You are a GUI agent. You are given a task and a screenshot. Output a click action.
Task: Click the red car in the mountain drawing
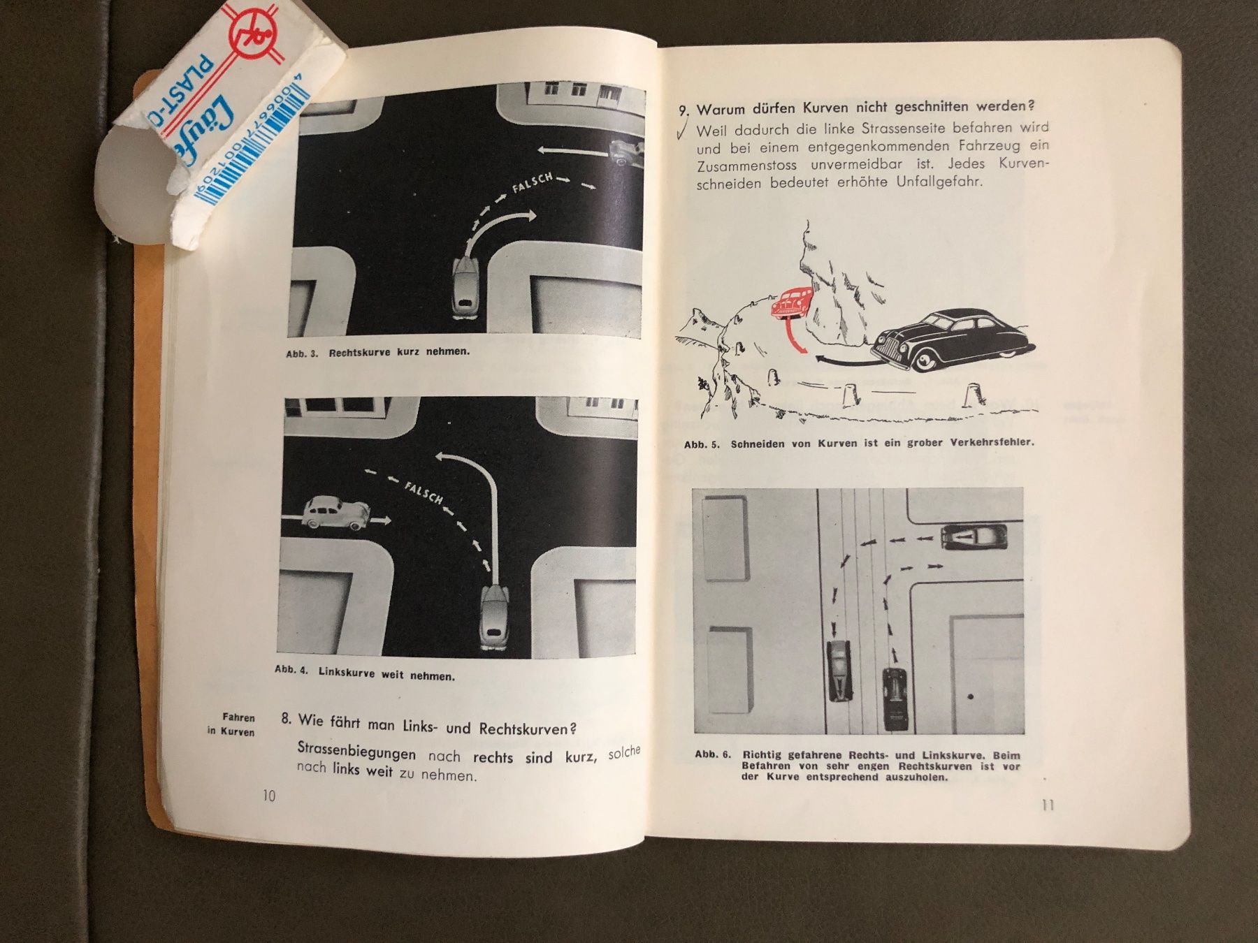tap(788, 305)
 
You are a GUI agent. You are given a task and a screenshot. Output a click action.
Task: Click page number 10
tap(269, 796)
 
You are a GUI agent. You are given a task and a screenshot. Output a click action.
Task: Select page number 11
tap(1048, 805)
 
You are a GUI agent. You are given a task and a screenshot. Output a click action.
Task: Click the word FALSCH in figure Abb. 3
tap(533, 183)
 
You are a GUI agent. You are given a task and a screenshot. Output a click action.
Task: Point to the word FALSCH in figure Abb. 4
tap(424, 492)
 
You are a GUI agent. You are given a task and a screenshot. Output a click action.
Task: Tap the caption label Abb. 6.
tap(713, 754)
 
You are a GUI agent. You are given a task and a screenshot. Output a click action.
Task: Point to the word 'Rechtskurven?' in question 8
tap(528, 728)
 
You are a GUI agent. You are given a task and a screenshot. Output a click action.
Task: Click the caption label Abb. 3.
tap(302, 353)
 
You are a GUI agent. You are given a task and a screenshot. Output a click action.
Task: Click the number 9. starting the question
tap(684, 110)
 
